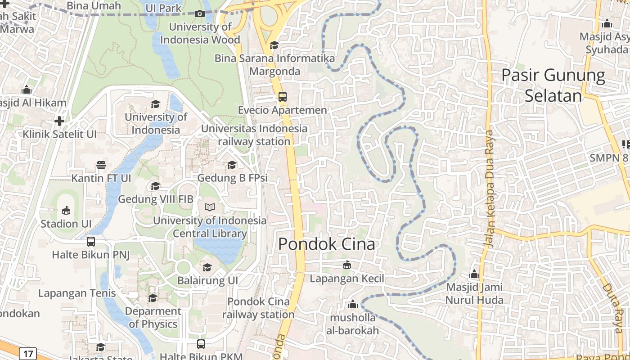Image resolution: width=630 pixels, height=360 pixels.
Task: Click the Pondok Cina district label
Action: [326, 244]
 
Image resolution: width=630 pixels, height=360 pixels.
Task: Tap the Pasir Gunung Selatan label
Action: [553, 85]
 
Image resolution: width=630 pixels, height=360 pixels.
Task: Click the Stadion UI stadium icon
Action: [66, 210]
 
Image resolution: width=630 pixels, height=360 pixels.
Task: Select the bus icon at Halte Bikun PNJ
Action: [91, 242]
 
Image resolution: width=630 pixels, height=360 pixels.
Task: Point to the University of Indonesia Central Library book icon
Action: [210, 207]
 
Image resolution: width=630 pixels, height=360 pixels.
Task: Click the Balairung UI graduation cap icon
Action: [207, 267]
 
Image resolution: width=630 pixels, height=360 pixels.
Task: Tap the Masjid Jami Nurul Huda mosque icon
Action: [474, 274]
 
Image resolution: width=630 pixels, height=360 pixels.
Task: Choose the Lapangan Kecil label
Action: [347, 279]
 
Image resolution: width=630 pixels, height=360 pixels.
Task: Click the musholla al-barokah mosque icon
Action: [353, 305]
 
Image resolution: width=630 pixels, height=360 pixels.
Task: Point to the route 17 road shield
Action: [27, 354]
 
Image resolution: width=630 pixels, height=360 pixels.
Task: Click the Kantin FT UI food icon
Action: [101, 165]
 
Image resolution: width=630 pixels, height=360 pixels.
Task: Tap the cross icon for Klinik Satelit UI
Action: [59, 121]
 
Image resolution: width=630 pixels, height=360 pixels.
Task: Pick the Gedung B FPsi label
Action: [232, 178]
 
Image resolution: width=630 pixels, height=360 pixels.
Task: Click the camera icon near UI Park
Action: [200, 13]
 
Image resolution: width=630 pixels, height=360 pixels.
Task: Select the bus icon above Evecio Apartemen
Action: [283, 97]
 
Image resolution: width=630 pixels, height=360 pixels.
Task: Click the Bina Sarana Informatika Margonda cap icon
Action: [274, 45]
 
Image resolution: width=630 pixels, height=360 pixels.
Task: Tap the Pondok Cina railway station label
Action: [258, 308]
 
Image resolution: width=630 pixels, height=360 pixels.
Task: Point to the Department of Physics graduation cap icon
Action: [153, 298]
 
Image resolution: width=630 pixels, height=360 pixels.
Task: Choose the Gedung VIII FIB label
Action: [156, 199]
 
